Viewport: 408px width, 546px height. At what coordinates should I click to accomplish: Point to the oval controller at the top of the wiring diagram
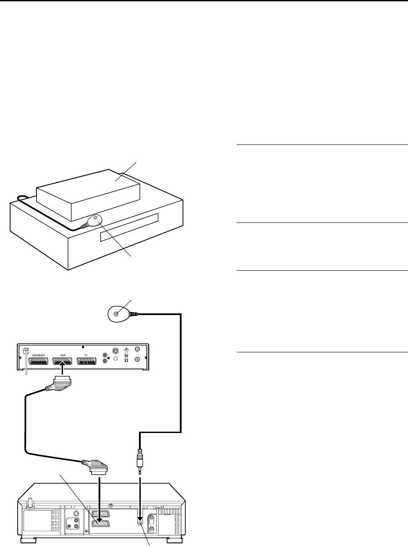(119, 314)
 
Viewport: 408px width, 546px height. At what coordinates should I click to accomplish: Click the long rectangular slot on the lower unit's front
(129, 227)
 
